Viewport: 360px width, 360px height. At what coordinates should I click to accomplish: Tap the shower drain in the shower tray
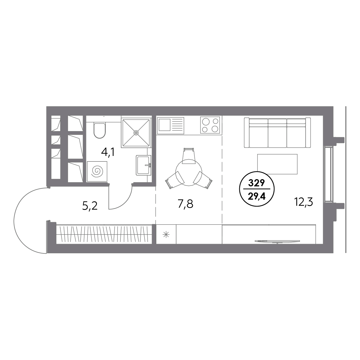point(136,133)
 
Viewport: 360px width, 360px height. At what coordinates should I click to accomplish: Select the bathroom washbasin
point(143,165)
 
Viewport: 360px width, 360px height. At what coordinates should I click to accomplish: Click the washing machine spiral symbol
point(97,172)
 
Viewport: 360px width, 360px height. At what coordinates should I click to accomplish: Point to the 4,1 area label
point(108,152)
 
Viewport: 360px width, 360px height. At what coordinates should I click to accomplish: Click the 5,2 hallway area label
point(90,206)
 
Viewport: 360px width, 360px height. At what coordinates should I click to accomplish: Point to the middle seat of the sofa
point(277,133)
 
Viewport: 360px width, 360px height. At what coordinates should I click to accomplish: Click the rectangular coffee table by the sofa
point(277,164)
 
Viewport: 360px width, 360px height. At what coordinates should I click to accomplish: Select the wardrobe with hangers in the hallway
point(104,234)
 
